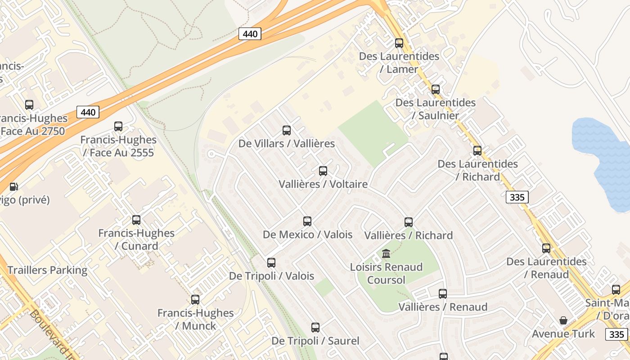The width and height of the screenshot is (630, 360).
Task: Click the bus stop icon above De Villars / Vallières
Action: tap(287, 130)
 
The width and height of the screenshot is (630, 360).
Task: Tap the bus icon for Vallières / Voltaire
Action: tap(323, 171)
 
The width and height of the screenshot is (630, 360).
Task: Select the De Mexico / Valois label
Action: tap(307, 234)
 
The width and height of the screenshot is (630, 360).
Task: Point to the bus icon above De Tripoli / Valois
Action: tap(271, 262)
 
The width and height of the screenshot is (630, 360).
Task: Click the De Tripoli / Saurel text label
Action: tap(315, 341)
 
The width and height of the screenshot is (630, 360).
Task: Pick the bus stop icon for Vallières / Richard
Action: tap(409, 222)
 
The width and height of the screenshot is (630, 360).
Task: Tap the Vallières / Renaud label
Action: tap(443, 307)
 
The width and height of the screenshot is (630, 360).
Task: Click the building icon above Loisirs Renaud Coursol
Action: tap(386, 254)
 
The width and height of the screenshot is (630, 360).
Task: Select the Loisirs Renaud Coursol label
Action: tap(386, 273)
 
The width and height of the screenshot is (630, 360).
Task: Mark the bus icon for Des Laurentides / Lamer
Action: tap(399, 43)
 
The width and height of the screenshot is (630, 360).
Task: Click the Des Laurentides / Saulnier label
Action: tap(435, 109)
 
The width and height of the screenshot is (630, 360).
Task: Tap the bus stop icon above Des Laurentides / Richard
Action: tap(477, 151)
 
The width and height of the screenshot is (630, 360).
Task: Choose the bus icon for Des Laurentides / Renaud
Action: tap(546, 248)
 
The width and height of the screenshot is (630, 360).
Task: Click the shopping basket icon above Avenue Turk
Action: tap(563, 320)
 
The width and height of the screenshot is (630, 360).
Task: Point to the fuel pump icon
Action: tap(14, 187)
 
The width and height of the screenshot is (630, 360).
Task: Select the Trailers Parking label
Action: tap(47, 270)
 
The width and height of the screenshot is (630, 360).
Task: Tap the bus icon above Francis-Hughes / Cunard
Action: tap(136, 220)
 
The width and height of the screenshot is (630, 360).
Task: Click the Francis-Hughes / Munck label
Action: tap(195, 319)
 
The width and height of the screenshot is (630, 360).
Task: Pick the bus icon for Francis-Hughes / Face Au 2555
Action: tap(118, 126)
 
